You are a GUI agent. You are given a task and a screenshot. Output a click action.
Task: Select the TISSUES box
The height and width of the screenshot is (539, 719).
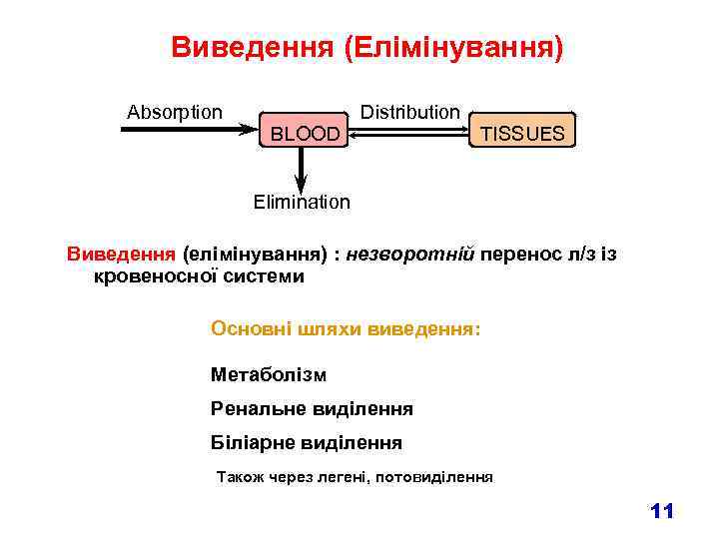(x=522, y=133)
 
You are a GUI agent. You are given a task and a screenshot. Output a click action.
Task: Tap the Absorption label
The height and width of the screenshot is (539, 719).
(x=175, y=111)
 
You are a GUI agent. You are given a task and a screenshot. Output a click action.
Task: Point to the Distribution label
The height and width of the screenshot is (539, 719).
(x=409, y=111)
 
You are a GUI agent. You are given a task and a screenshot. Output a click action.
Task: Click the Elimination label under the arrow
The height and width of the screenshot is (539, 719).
(x=302, y=203)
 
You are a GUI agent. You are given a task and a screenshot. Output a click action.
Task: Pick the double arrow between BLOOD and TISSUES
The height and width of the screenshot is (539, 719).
(x=409, y=131)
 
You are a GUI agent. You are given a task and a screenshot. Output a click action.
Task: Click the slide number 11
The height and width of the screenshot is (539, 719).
(x=661, y=512)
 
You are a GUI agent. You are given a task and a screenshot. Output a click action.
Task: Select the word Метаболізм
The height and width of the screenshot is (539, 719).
(x=269, y=375)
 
